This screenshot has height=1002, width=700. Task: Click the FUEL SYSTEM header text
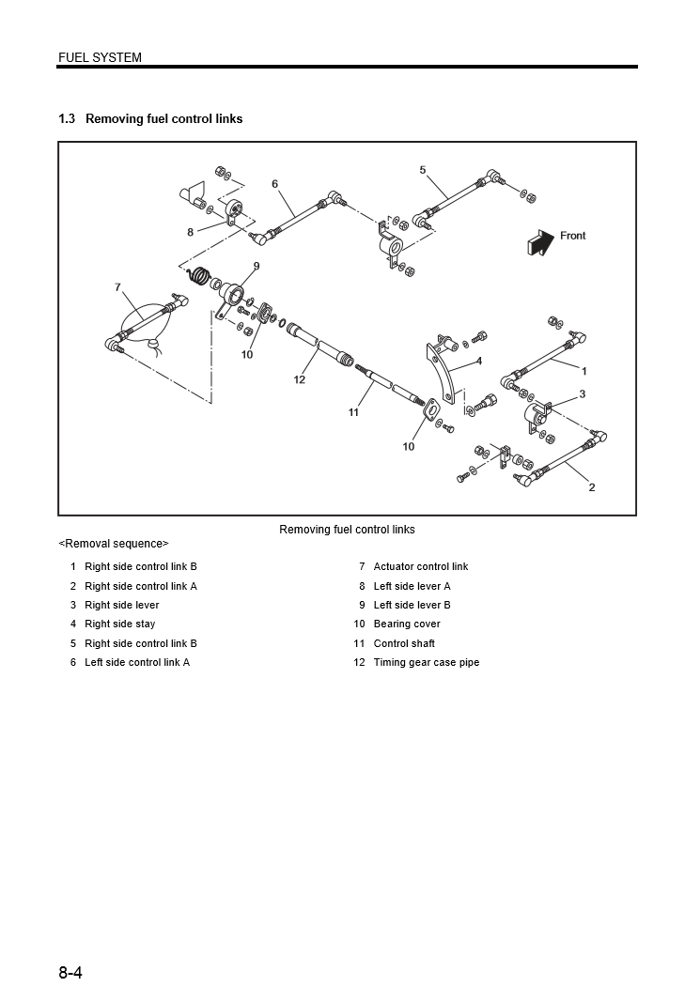tap(100, 57)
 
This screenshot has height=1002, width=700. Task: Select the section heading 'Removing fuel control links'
tap(163, 119)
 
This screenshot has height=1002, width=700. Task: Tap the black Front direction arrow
tap(540, 241)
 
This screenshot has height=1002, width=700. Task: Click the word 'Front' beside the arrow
tap(572, 236)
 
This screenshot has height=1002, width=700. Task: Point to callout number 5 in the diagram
tap(423, 170)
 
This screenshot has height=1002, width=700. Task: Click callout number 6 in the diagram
tap(275, 184)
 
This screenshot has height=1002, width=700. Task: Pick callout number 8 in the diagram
tap(190, 232)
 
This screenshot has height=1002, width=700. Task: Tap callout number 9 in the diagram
tap(256, 266)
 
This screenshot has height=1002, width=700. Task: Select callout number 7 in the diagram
tap(117, 286)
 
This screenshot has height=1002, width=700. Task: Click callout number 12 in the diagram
tap(300, 379)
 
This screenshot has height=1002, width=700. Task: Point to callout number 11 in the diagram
tap(354, 411)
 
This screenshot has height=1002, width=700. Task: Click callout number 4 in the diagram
tap(478, 361)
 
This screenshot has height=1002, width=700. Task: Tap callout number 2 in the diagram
tap(591, 487)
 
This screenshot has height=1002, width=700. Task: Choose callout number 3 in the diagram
tap(582, 394)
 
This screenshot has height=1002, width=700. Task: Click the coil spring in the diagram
tap(198, 276)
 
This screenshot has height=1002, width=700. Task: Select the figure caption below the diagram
tap(347, 530)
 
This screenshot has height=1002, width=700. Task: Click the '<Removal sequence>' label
tap(114, 544)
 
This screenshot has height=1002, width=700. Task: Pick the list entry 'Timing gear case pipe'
tap(426, 663)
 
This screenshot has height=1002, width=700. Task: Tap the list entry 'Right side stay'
tap(119, 624)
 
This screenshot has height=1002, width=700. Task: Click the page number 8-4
tap(70, 973)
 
